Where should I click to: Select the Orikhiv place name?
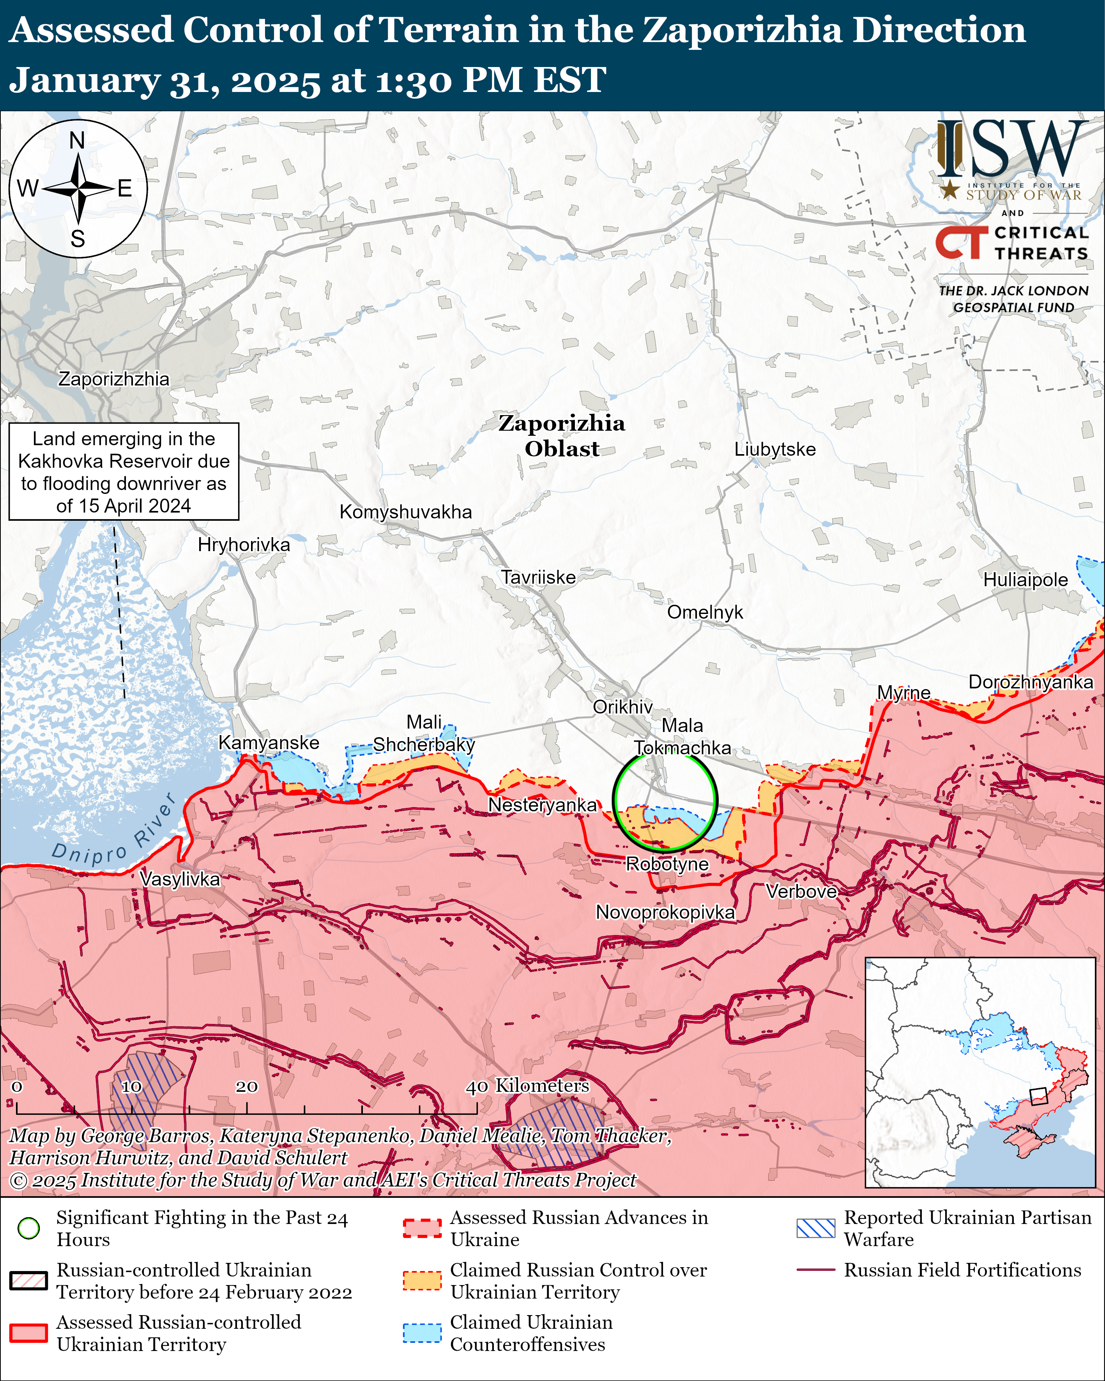(622, 707)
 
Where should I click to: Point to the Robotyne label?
(667, 864)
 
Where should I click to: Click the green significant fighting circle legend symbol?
(29, 1229)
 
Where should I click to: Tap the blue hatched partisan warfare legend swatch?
(815, 1228)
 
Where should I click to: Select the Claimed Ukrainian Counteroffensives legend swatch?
(422, 1333)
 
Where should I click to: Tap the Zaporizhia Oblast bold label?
(562, 435)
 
